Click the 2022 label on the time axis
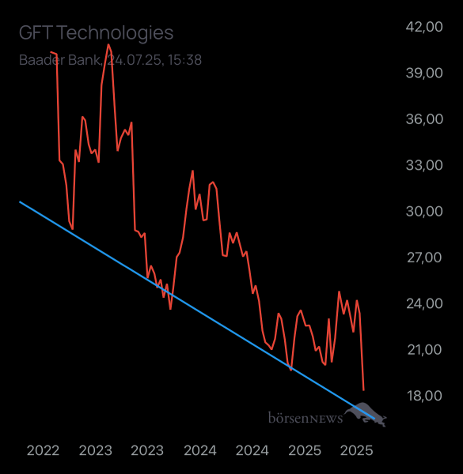[44, 451]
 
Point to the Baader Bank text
[60, 60]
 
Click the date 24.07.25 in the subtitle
[135, 60]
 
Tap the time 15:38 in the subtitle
[184, 60]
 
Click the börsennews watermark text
[305, 416]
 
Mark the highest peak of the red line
[108, 44]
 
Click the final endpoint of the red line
[363, 389]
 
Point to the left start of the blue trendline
[20, 202]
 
